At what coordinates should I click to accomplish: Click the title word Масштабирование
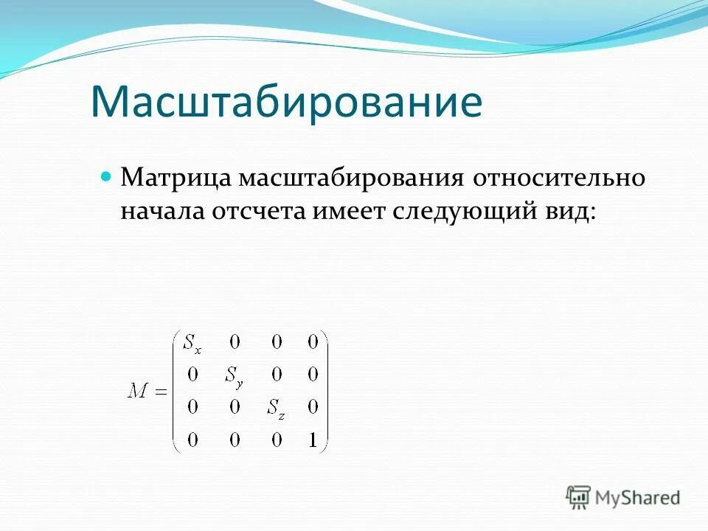[286, 103]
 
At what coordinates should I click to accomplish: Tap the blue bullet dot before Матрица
[105, 178]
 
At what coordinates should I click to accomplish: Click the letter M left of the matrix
[138, 392]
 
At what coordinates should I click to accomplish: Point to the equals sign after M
[161, 392]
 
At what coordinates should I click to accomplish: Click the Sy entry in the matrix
[234, 376]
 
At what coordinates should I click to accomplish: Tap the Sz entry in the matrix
[275, 409]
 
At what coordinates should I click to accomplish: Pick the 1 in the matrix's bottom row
[313, 440]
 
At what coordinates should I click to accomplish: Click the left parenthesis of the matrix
[176, 392]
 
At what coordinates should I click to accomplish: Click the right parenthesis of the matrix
[324, 392]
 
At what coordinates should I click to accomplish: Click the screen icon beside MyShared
[579, 497]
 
